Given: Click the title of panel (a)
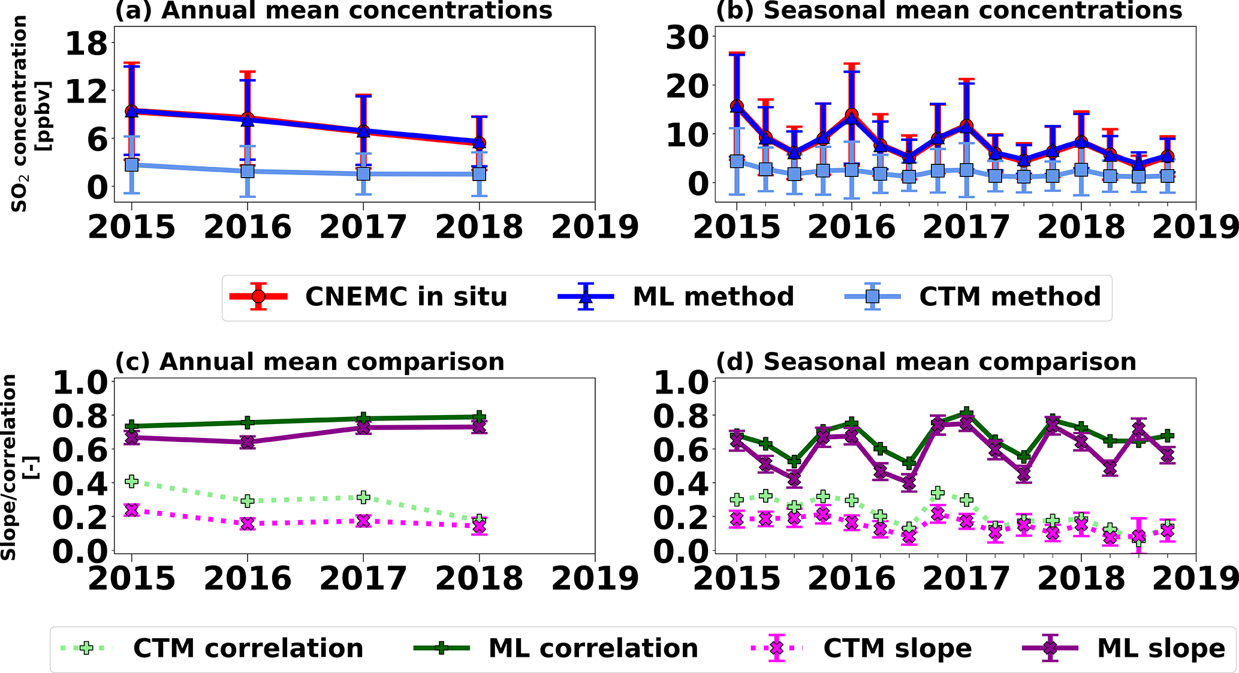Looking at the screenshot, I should point(333,11).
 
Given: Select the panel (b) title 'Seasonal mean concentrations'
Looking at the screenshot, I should point(949,11).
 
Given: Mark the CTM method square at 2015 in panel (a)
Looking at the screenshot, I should point(132,164).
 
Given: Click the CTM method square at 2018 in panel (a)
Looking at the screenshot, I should point(479,174).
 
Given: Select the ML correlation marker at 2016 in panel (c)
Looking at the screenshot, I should point(248,423).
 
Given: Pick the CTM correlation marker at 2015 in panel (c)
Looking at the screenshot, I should point(132,481).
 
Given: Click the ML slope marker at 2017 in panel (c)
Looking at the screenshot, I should point(363,428).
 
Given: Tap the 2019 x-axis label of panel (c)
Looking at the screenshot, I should point(595,579).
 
